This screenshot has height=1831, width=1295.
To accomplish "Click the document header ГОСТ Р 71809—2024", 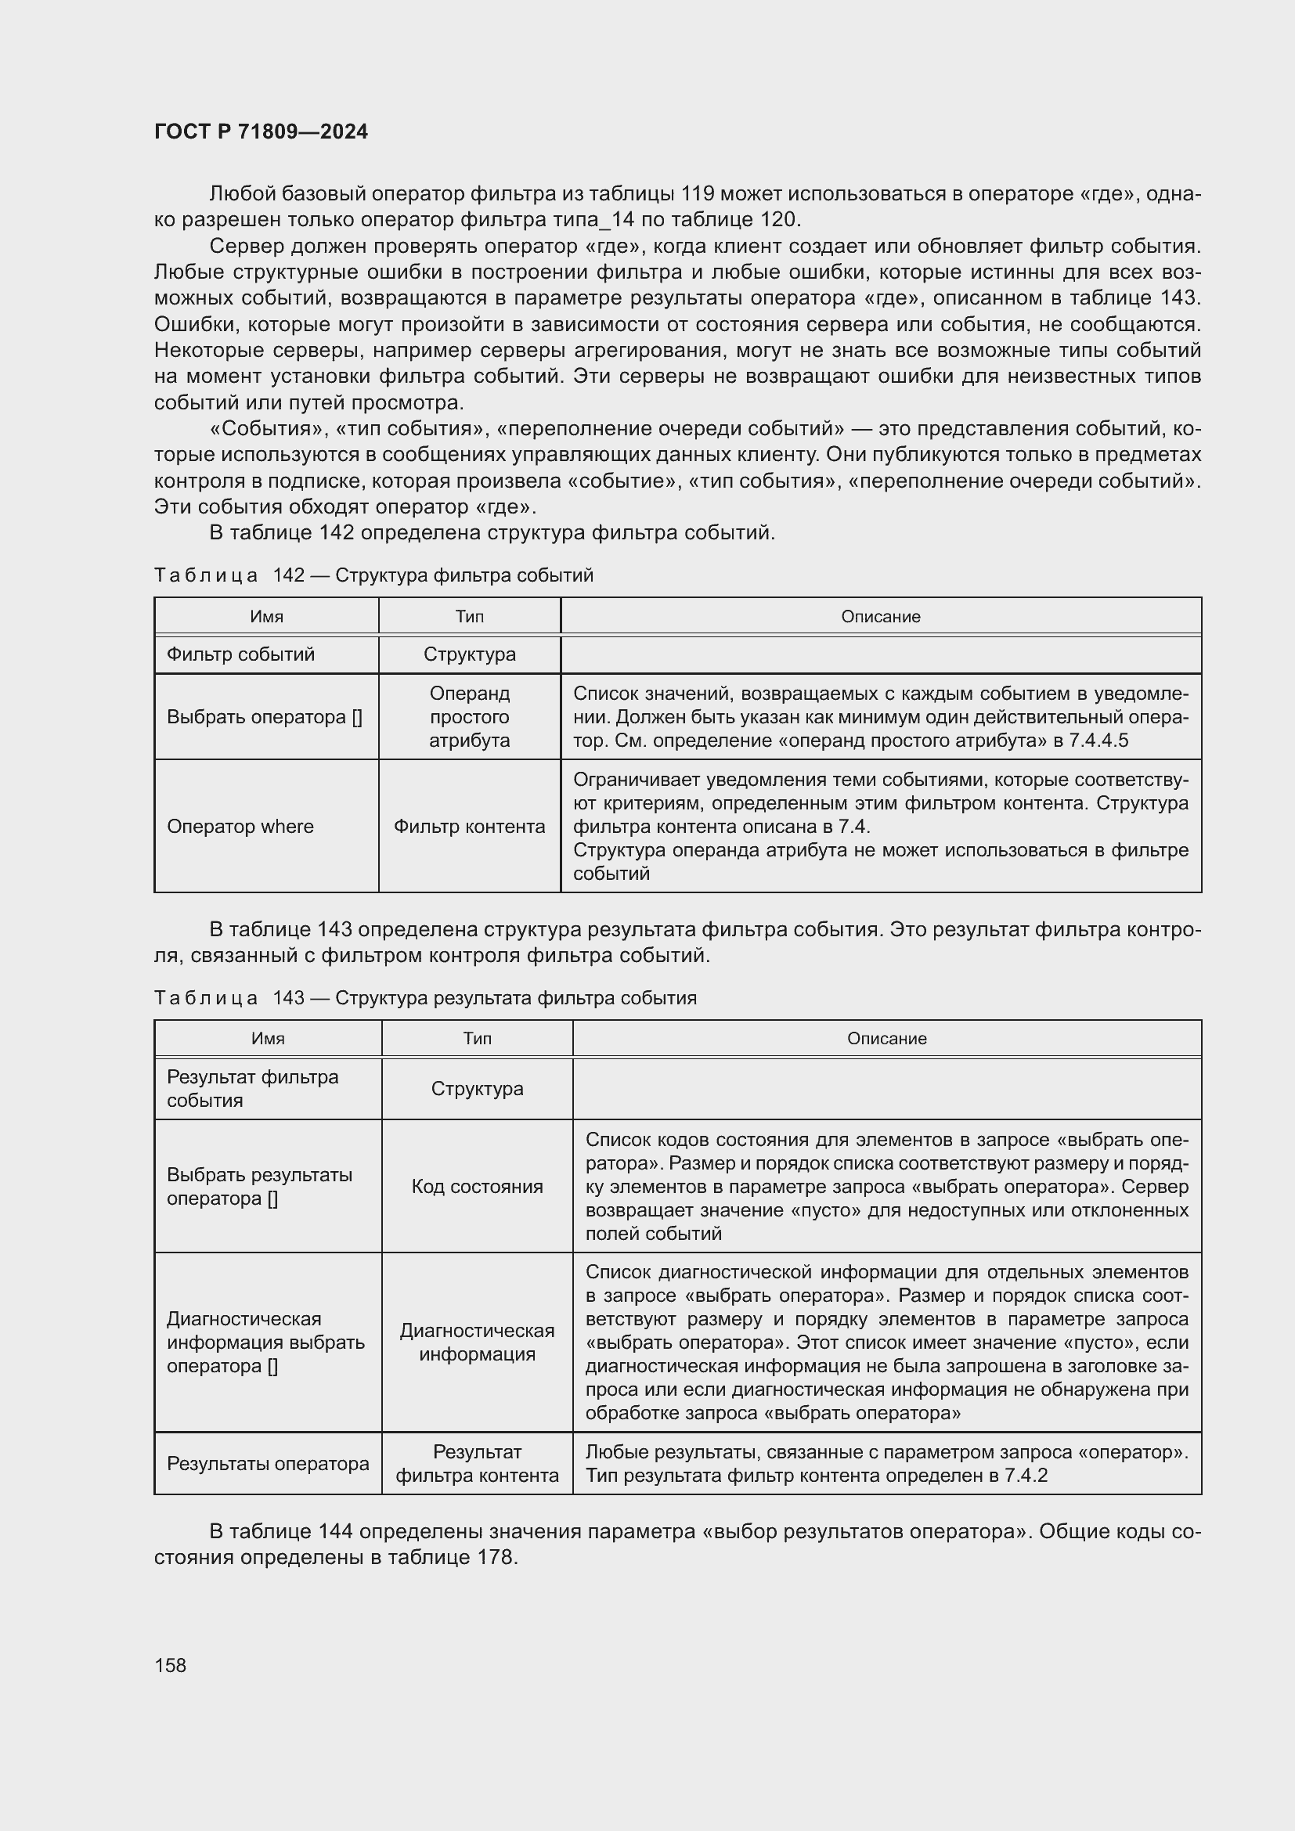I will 261,132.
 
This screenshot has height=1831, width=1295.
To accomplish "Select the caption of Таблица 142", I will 373,575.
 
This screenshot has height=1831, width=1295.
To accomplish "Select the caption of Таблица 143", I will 425,997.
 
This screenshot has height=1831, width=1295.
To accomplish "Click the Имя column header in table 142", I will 266,616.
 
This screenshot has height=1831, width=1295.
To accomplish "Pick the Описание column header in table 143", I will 886,1038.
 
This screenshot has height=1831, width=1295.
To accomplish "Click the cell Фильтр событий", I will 241,654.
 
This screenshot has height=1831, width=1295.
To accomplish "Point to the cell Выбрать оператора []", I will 264,717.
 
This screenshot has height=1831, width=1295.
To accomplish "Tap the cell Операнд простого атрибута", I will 469,717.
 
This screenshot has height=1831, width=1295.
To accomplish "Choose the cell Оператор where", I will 240,826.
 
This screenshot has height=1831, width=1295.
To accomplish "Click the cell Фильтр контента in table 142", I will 469,826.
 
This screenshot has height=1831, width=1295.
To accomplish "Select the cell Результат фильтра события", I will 252,1089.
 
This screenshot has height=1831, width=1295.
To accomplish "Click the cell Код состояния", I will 477,1187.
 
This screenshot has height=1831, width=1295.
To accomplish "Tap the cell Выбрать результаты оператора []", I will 259,1187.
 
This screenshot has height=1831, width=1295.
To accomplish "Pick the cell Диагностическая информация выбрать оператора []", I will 265,1343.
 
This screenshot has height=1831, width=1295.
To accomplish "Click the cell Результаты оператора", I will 268,1463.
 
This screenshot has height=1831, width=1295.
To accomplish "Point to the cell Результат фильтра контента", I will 477,1463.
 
